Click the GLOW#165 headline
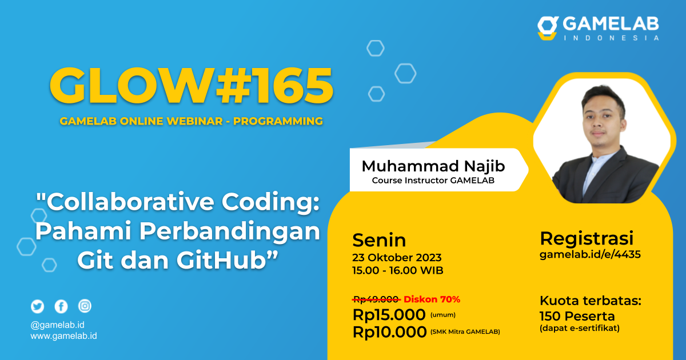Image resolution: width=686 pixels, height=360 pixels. (x=191, y=86)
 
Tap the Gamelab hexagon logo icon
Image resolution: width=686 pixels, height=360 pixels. (x=548, y=28)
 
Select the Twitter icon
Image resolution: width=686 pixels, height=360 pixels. (x=38, y=306)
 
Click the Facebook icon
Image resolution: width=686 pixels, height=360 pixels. (x=61, y=306)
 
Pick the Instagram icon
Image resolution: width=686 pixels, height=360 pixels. (x=85, y=306)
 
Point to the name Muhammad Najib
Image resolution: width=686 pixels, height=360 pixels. (x=433, y=166)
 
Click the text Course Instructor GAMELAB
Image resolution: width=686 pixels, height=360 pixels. (x=433, y=181)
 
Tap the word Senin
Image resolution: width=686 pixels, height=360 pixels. (x=379, y=239)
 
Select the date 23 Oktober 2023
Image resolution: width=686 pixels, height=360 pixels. (x=397, y=257)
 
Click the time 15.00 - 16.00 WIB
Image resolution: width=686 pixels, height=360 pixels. (x=398, y=270)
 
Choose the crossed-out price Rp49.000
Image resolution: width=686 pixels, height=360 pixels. (x=376, y=299)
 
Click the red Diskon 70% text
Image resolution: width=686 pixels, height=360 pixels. (x=432, y=299)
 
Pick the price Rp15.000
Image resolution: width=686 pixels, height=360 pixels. (x=389, y=314)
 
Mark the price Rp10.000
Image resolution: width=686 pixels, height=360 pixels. (x=389, y=331)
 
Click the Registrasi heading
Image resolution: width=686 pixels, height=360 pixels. (x=587, y=238)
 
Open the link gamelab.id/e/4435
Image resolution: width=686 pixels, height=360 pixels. (x=590, y=255)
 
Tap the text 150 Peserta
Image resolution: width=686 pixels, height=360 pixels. (x=577, y=316)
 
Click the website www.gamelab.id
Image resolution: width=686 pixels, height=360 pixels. (x=63, y=336)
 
